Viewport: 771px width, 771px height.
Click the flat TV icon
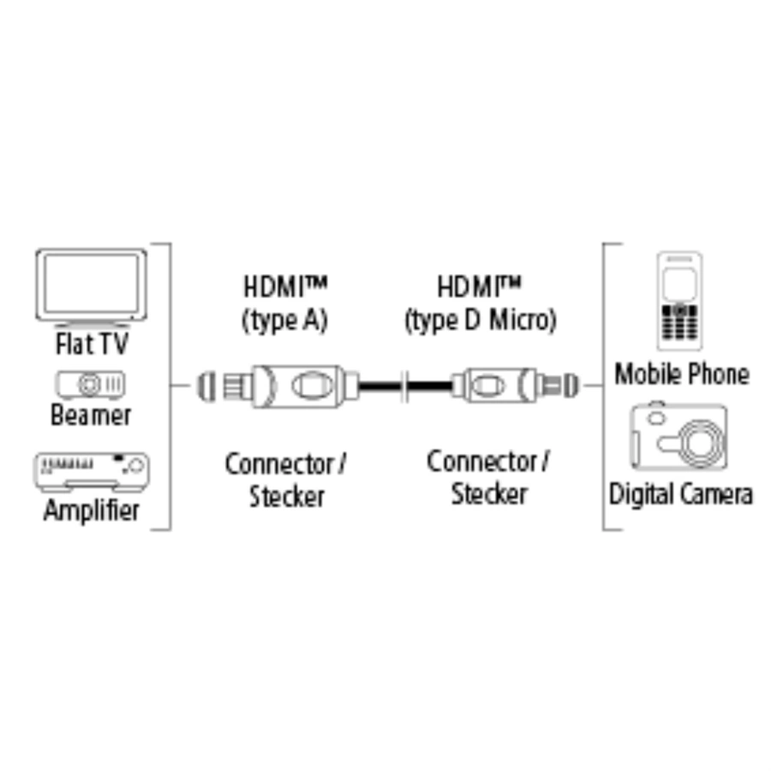[91, 288]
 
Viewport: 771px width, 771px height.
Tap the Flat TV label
[92, 344]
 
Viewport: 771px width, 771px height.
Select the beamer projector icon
[91, 385]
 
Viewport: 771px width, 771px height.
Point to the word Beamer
[91, 415]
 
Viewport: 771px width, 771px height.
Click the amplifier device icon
[92, 472]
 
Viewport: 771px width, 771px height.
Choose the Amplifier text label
[92, 511]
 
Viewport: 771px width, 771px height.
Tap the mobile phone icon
[680, 301]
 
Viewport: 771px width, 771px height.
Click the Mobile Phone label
[682, 374]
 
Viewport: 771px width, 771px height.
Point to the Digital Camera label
[681, 494]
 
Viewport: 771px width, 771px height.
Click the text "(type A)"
[284, 321]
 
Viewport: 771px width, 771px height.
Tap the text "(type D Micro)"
[481, 321]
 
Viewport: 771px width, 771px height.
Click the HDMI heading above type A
[284, 286]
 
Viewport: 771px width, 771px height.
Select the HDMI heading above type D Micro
[479, 286]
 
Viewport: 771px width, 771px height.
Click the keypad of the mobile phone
[679, 323]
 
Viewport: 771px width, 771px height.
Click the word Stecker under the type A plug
[287, 497]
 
